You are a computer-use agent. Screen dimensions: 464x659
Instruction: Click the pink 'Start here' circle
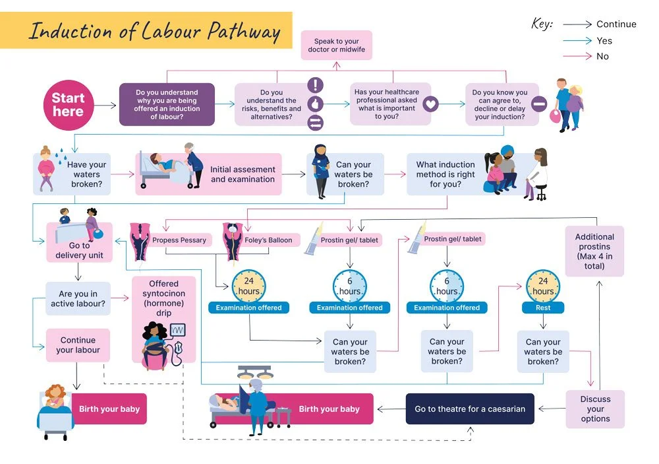point(68,105)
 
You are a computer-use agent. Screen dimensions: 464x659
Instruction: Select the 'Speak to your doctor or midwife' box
point(336,45)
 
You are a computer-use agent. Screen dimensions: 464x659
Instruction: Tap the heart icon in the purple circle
point(430,104)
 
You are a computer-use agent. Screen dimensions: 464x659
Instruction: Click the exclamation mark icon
point(316,85)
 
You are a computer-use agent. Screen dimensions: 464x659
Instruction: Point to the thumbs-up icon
point(316,104)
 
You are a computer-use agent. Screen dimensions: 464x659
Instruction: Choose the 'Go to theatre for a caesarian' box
point(470,409)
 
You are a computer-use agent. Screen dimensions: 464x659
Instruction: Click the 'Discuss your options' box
point(595,409)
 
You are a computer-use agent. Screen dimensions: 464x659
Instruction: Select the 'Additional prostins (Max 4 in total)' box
point(594,251)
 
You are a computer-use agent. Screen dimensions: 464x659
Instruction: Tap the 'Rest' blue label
point(543,308)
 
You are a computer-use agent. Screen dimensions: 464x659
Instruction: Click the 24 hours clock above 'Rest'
point(543,286)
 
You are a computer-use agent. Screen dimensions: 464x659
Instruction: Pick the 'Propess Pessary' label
point(179,240)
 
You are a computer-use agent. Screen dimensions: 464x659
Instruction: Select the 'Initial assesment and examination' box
point(242,174)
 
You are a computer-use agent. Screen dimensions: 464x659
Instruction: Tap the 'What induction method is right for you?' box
point(445,174)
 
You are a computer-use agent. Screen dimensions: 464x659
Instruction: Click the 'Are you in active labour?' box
point(78,299)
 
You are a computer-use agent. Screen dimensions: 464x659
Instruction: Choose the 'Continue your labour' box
point(78,345)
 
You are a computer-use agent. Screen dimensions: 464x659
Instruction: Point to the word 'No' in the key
point(602,56)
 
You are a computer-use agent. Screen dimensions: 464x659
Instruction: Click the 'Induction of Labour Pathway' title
point(154,31)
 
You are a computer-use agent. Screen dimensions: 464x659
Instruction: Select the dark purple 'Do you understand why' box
point(167,104)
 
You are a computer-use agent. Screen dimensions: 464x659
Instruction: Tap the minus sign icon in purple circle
point(539,104)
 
